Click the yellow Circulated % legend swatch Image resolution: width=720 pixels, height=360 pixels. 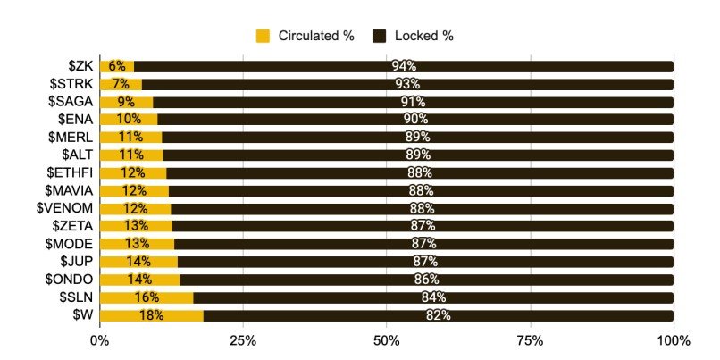264,36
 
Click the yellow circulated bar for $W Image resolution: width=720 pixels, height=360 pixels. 151,315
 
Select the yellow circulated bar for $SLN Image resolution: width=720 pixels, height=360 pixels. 146,297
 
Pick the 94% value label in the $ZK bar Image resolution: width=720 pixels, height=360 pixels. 404,66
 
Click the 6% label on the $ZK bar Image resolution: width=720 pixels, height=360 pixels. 117,66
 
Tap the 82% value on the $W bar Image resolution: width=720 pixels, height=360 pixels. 438,315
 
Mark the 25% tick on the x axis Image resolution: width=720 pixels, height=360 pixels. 243,340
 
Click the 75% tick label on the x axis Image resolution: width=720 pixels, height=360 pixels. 530,340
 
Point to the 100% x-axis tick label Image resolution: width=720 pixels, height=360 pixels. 673,340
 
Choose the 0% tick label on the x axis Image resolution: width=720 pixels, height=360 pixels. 99,340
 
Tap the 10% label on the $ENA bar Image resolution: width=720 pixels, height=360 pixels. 128,120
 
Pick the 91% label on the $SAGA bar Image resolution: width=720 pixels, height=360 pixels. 413,102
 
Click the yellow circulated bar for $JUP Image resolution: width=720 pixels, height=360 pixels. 138,262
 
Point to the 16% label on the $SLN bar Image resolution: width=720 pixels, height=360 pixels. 146,297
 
